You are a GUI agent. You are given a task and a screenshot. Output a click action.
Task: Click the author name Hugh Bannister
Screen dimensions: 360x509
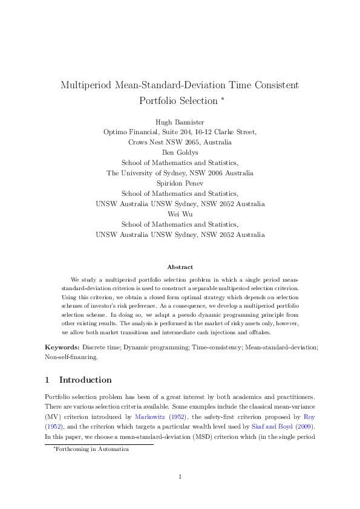[180, 122]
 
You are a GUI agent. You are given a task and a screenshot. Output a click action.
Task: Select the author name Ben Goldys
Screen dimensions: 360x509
[180, 152]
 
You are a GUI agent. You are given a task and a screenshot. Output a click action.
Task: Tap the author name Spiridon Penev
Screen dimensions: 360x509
[180, 183]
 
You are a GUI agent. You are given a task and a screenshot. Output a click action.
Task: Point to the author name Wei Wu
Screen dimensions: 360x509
[180, 214]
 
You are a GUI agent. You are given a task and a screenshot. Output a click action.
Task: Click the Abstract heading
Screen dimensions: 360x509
[180, 267]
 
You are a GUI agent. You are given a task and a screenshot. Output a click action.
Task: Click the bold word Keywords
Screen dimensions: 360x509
[62, 348]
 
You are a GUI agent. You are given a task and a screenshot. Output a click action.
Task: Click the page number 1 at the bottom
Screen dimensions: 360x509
[180, 478]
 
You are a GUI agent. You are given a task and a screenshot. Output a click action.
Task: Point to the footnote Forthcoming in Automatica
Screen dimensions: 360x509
[92, 450]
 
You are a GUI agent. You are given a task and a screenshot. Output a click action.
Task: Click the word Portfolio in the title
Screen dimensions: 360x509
[160, 100]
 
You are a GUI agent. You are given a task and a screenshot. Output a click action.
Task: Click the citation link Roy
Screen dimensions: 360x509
[309, 417]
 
